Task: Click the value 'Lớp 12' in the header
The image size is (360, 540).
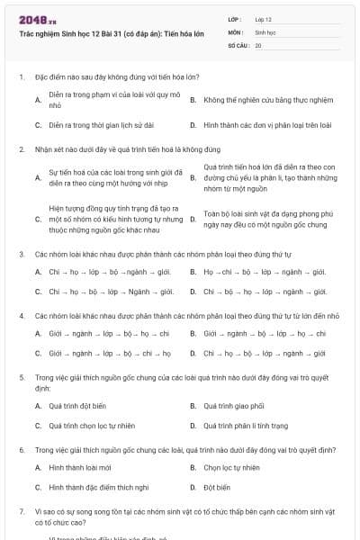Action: click(263, 19)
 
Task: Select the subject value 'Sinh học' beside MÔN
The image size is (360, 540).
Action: click(265, 31)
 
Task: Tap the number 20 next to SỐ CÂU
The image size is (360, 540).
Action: click(258, 44)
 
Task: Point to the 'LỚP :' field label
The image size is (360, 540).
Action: click(236, 19)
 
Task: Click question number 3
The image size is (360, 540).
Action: click(21, 255)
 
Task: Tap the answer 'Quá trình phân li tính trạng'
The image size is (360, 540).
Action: click(246, 426)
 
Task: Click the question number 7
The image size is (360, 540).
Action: click(21, 510)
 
